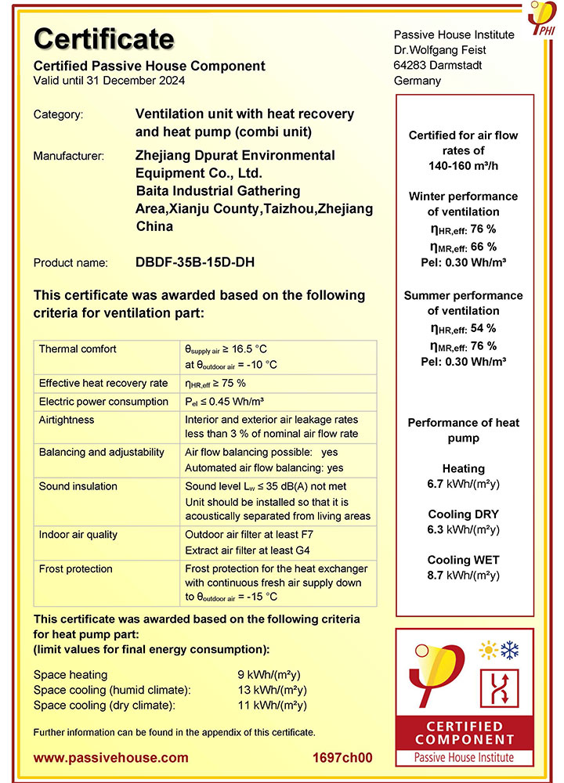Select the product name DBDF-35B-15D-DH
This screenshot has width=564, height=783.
[x=195, y=262]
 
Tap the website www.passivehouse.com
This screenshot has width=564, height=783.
[x=110, y=757]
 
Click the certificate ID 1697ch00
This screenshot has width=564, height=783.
[x=342, y=757]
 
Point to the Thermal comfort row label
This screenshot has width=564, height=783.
[x=78, y=348]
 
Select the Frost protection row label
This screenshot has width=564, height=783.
[x=76, y=569]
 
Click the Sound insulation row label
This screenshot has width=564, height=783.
[x=78, y=486]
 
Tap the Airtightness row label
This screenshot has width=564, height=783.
[x=67, y=420]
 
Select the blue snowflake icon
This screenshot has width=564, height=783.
[x=511, y=650]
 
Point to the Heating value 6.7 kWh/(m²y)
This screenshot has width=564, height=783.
[x=463, y=484]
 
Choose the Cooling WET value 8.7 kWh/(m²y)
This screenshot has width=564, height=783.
[x=463, y=575]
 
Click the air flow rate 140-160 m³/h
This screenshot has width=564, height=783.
[x=463, y=166]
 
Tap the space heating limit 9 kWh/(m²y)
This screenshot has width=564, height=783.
[x=269, y=674]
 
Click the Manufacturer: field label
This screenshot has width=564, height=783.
[x=69, y=156]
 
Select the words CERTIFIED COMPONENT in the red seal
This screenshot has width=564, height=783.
[x=465, y=733]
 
